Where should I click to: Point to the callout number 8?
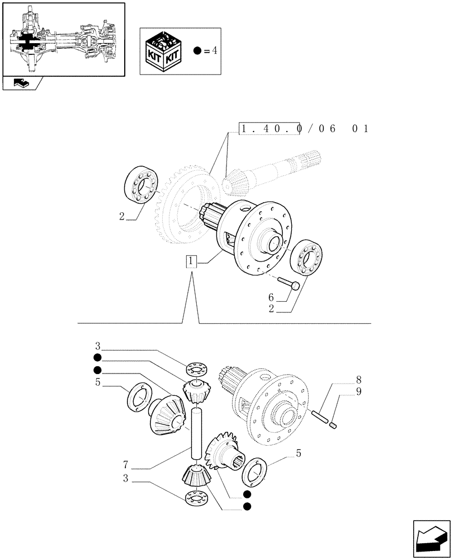point(358,380)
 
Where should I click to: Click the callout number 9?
point(358,391)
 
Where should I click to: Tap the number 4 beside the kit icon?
point(214,50)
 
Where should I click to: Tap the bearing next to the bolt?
point(308,257)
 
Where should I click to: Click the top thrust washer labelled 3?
point(195,370)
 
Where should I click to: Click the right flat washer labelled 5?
point(256,471)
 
